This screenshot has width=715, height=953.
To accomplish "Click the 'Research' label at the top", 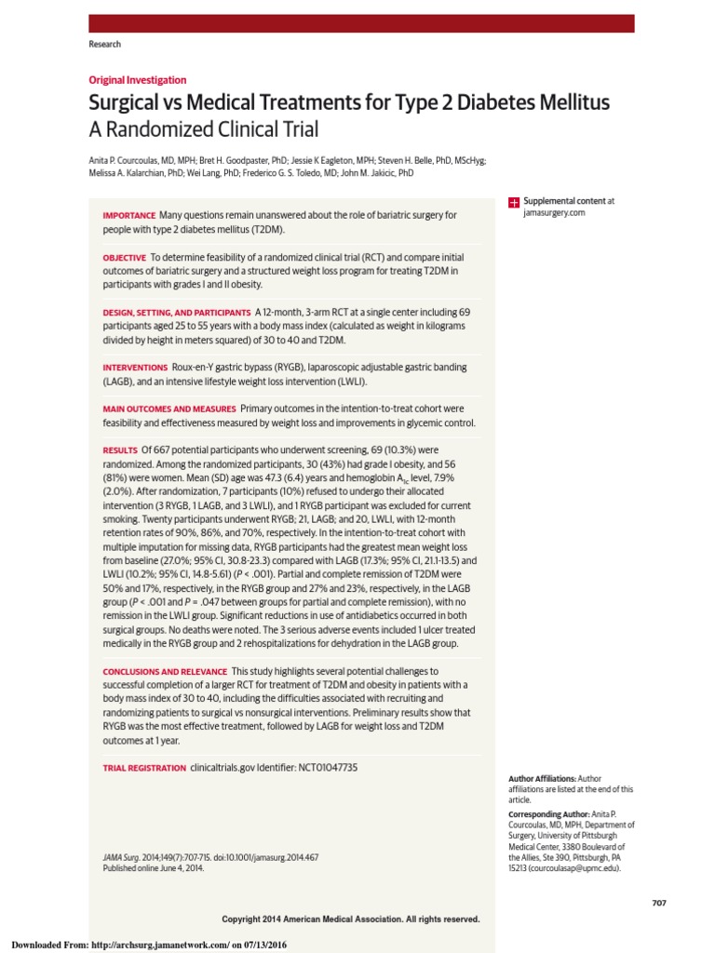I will (104, 45).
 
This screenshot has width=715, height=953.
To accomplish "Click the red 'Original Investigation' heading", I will (138, 80).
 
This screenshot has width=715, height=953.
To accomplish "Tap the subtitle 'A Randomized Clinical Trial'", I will (204, 128).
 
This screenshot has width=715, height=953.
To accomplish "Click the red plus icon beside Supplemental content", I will (513, 202).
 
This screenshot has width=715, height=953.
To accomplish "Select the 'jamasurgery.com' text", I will (554, 213).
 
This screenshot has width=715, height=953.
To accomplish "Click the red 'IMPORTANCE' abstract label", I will (128, 216).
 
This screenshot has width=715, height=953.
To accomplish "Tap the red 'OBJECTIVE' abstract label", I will (125, 257).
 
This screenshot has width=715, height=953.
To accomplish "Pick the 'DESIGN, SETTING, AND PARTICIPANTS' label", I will (176, 312).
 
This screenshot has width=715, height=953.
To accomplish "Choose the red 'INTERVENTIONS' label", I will (135, 368).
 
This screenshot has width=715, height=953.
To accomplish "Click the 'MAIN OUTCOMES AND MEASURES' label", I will (169, 409).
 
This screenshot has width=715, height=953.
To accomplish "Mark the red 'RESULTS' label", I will (120, 450).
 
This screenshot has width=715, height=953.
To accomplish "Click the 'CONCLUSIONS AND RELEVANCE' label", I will (165, 671).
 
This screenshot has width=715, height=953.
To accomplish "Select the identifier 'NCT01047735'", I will (328, 768).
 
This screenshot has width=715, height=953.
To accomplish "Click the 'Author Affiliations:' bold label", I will (542, 778).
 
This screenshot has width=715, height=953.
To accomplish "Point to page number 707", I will (659, 903).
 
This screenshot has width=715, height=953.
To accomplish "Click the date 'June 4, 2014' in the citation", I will (178, 867).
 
